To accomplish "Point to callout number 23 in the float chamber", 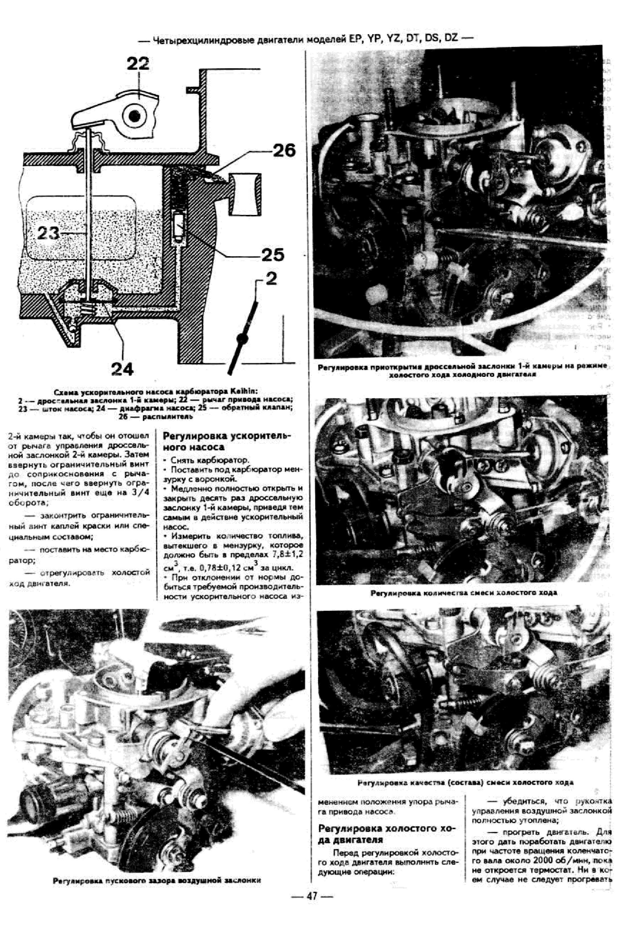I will pyautogui.click(x=49, y=233).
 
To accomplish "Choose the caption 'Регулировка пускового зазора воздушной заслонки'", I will pyautogui.click(x=156, y=892).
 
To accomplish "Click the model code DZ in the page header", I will pyautogui.click(x=451, y=38).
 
